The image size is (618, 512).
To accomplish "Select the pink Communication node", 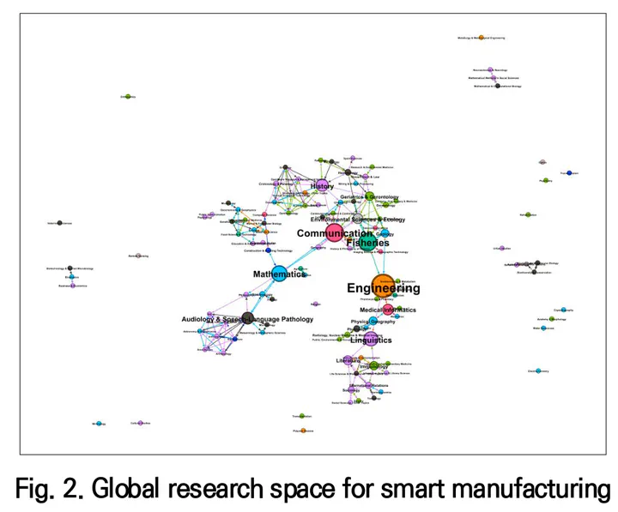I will click(x=334, y=232).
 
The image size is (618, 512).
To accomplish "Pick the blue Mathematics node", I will click(x=279, y=274).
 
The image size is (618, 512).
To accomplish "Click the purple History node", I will click(x=322, y=186).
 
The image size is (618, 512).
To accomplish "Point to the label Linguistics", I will click(x=371, y=340).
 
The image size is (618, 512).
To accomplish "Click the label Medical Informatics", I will click(x=388, y=310).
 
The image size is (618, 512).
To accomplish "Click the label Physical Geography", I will click(x=373, y=322).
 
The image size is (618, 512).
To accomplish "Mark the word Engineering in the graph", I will click(x=384, y=288).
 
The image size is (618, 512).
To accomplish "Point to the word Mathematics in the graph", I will click(x=279, y=274).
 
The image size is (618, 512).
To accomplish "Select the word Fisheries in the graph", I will click(x=367, y=244).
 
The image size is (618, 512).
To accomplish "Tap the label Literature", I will click(x=349, y=360).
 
